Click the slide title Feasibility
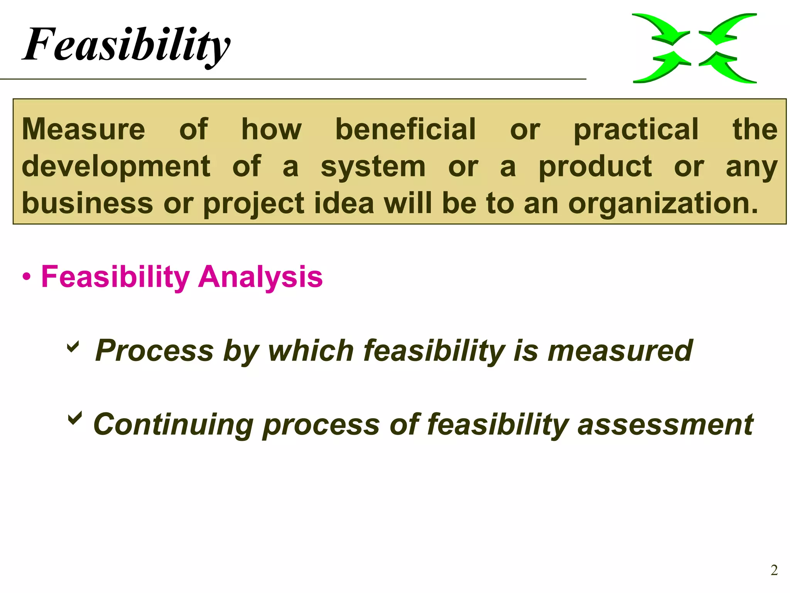pyautogui.click(x=127, y=44)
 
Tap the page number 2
pyautogui.click(x=774, y=570)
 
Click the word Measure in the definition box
pyautogui.click(x=83, y=129)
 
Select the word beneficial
pyautogui.click(x=405, y=129)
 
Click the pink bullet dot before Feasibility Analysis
pyautogui.click(x=26, y=277)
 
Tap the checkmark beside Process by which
pyautogui.click(x=73, y=346)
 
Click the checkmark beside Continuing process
pyautogui.click(x=75, y=418)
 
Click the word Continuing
pyautogui.click(x=173, y=424)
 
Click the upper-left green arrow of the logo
pyautogui.click(x=660, y=29)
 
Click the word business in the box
pyautogui.click(x=88, y=203)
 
